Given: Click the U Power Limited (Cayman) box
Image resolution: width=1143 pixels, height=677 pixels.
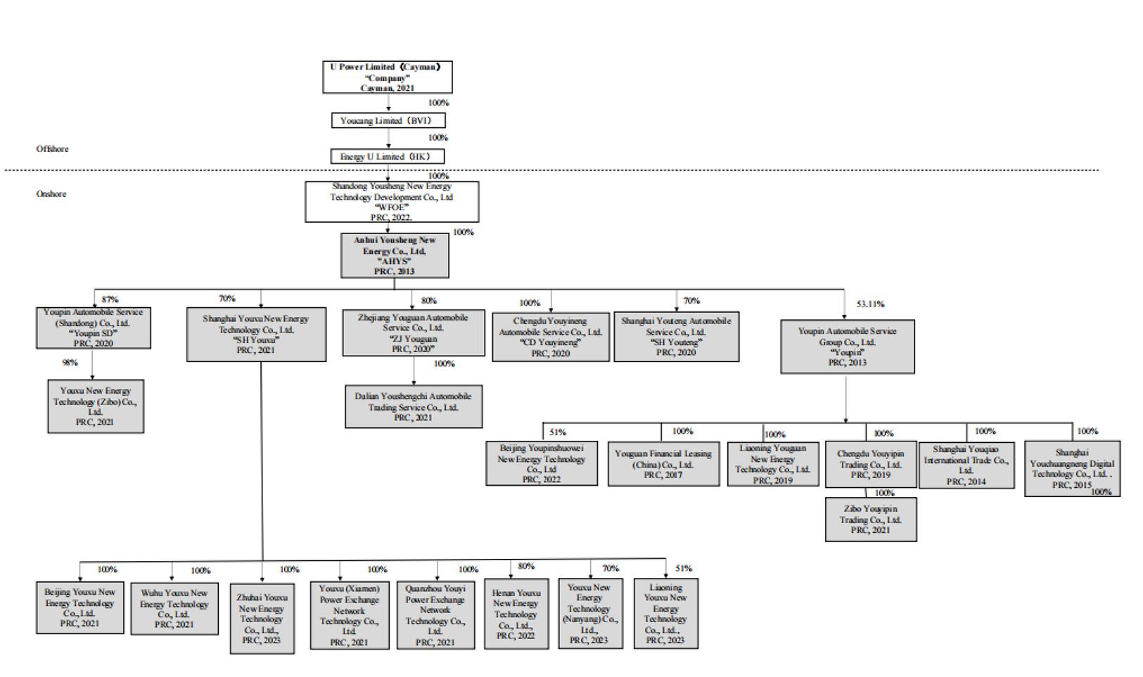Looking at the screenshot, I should point(387,77).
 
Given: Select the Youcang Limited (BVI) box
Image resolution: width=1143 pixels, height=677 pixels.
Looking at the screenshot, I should point(388,120).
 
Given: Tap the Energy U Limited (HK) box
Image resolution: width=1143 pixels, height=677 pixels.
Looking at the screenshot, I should point(388,156).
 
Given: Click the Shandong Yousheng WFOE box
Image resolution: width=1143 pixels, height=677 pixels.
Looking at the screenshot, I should point(392,202).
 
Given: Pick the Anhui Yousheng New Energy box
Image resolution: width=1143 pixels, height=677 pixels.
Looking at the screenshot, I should point(395,256).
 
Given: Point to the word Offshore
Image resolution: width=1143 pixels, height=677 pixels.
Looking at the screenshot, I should point(53,149).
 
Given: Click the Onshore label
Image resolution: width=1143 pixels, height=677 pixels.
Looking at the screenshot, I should point(51,194).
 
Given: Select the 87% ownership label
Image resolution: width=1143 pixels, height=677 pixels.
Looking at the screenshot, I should point(110,299).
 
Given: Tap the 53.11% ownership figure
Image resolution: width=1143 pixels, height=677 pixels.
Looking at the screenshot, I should point(870,304).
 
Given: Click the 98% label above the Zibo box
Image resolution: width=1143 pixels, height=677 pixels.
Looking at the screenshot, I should point(70,363).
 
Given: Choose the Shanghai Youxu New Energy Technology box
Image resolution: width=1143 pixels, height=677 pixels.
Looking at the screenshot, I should point(256,334).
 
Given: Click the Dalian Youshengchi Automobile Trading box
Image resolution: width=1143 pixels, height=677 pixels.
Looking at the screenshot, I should point(414,406).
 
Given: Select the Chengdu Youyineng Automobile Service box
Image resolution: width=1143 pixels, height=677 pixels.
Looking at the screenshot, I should point(551,337).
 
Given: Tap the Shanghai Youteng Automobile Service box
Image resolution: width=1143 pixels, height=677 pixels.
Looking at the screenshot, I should point(676,337).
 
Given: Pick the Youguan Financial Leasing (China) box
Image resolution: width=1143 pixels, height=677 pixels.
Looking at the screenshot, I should point(663,464).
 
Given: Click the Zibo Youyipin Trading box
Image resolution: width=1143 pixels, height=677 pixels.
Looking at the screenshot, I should point(871,520).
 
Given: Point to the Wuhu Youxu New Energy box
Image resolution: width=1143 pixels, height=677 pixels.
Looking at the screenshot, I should point(174,609).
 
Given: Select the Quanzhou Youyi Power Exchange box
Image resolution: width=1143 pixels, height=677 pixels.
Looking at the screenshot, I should point(435,615).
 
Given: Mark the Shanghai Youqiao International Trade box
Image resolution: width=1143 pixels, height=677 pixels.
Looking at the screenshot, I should point(966,465).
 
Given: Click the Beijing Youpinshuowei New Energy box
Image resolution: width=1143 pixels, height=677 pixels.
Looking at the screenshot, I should point(542,463).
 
